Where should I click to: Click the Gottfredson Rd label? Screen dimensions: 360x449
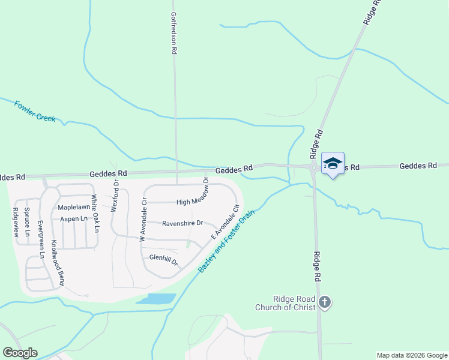point(173,34)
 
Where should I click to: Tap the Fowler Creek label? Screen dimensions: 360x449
point(35,111)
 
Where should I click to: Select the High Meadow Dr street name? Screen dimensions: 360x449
point(191,202)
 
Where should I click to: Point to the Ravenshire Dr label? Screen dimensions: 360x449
point(183,223)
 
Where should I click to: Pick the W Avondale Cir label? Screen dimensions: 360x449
point(143,219)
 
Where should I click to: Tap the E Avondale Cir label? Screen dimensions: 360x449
point(225,221)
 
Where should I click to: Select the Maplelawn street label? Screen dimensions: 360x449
point(73,207)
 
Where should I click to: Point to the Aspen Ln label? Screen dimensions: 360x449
point(75,218)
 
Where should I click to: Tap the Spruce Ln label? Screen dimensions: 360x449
point(27,221)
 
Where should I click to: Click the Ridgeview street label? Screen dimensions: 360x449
point(16,222)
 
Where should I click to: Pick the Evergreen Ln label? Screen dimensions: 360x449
point(41,239)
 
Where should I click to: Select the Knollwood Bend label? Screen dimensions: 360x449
point(58,262)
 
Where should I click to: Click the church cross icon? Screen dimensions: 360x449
point(325,302)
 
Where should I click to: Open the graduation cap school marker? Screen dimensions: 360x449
point(333,163)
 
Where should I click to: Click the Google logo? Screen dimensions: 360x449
point(20,353)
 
